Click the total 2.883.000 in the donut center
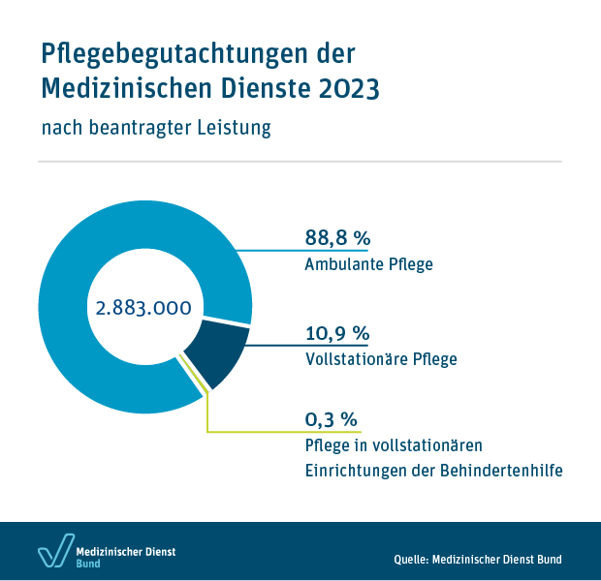142,308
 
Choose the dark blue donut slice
214,351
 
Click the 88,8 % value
338,238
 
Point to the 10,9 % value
337,333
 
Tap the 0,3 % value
332,419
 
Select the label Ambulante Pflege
368,263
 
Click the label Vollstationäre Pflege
380,358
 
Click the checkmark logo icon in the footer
55,549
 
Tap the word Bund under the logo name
88,564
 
